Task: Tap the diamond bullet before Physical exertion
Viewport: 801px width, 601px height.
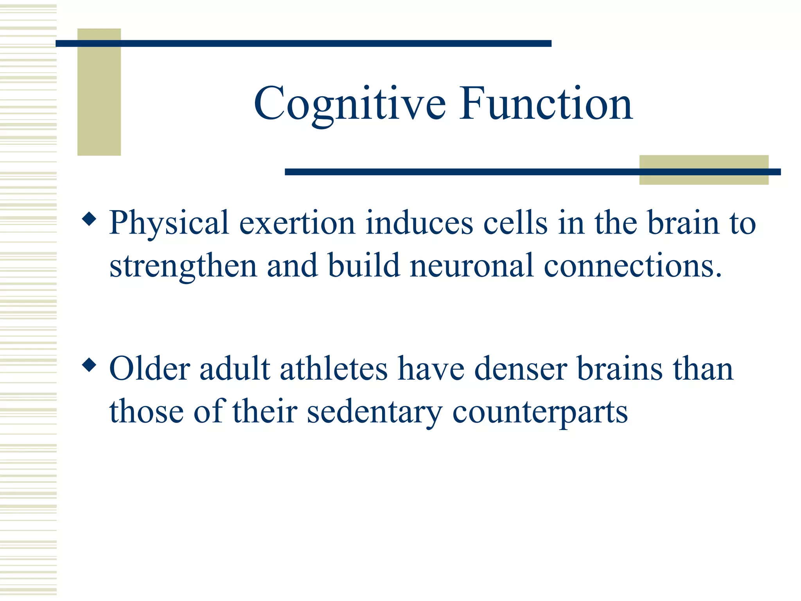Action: [x=90, y=219]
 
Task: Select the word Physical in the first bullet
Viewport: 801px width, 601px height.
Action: [x=169, y=223]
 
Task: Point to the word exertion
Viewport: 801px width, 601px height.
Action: [x=297, y=223]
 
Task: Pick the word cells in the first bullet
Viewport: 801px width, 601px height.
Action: [x=515, y=223]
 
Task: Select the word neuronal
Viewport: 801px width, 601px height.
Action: [x=472, y=266]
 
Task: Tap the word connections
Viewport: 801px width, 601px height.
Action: [x=632, y=266]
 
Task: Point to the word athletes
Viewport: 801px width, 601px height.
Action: [x=334, y=369]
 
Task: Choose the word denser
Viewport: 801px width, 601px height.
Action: [x=521, y=369]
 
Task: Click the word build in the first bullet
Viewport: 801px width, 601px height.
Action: [x=364, y=266]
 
